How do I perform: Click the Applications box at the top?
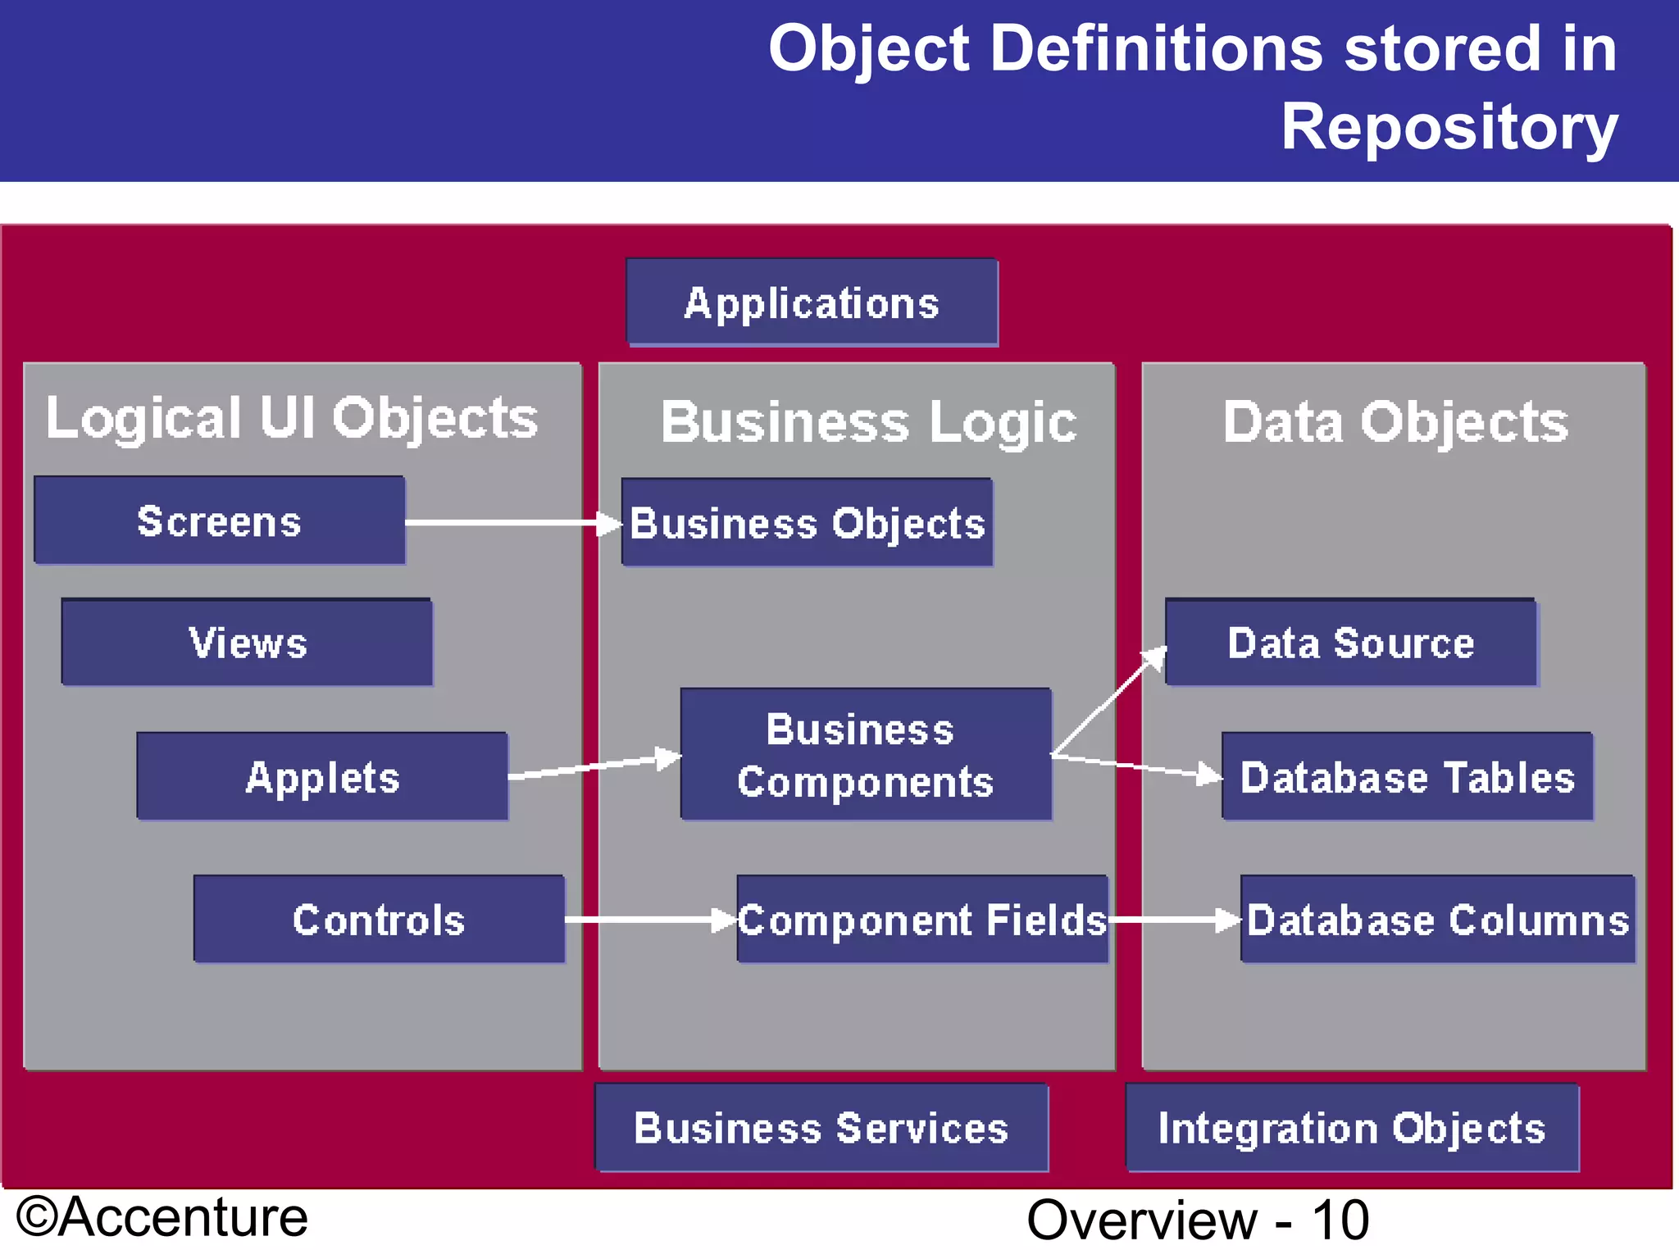[x=812, y=302]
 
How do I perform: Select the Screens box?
[x=219, y=520]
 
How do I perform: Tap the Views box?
[x=247, y=642]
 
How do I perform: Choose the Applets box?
[x=322, y=776]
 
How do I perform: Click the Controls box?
[x=379, y=919]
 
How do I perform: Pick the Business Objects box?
[x=807, y=523]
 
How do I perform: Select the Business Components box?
[x=865, y=754]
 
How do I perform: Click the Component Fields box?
[x=922, y=919]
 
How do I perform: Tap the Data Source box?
[x=1350, y=642]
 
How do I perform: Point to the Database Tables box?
[x=1407, y=776]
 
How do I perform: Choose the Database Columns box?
[x=1437, y=919]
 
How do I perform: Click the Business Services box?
[x=821, y=1128]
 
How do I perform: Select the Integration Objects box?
[x=1351, y=1128]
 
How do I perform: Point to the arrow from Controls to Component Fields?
[x=648, y=920]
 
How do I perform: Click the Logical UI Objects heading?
[x=291, y=419]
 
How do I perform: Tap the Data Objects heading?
[x=1395, y=422]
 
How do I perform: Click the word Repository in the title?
[x=1449, y=127]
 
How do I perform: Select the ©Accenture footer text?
[x=162, y=1217]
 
